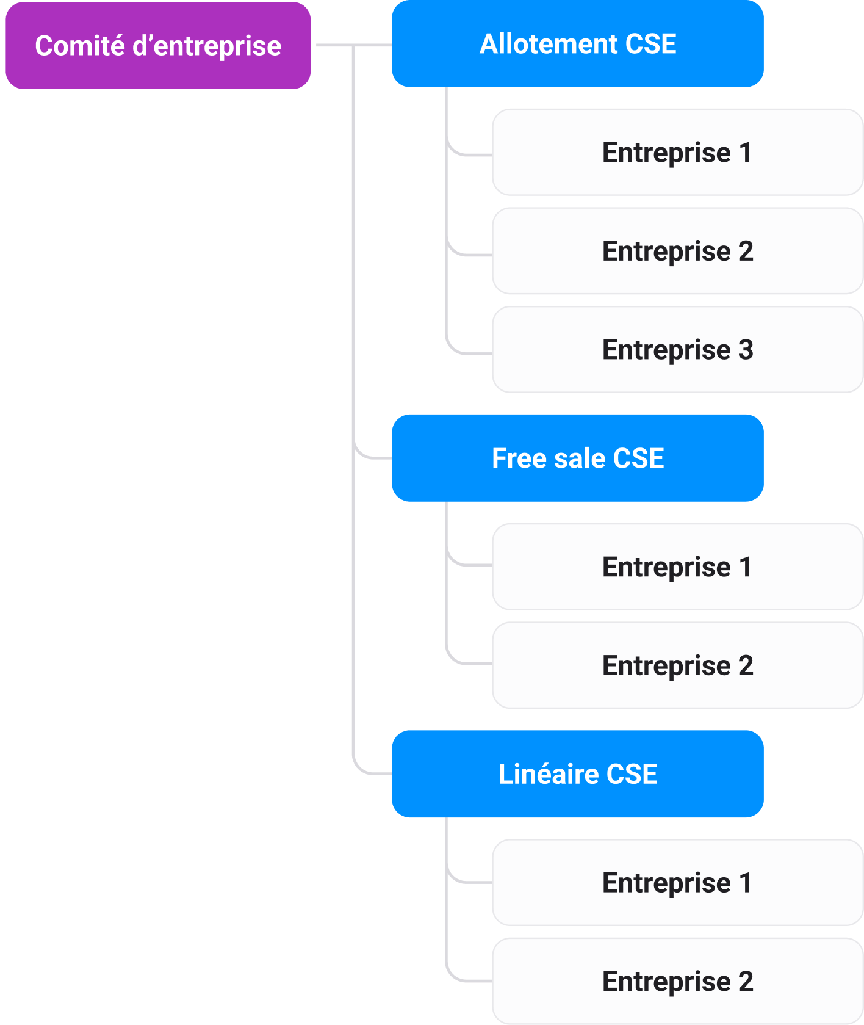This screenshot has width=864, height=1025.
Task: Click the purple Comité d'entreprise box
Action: pos(158,46)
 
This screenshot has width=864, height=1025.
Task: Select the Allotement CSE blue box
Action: pos(577,44)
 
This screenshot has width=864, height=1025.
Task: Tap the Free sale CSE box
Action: pos(577,458)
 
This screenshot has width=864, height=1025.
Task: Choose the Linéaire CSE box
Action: pos(577,774)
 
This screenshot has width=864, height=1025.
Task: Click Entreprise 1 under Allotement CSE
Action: pos(677,152)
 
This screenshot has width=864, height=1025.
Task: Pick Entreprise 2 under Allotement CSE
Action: pos(677,251)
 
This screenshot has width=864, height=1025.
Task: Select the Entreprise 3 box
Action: pos(677,350)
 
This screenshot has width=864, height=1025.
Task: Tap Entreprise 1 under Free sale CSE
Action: pos(677,567)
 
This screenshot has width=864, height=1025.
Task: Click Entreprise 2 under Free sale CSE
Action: pos(677,665)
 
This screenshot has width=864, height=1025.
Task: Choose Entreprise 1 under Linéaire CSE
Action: pos(677,883)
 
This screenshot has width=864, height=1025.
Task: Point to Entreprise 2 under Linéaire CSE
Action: pos(677,982)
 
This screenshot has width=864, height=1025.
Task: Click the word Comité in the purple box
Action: pos(79,46)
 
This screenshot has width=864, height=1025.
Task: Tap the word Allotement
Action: pos(549,44)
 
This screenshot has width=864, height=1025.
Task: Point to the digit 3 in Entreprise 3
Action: pos(746,350)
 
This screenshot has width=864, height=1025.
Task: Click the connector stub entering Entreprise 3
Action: pos(473,353)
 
